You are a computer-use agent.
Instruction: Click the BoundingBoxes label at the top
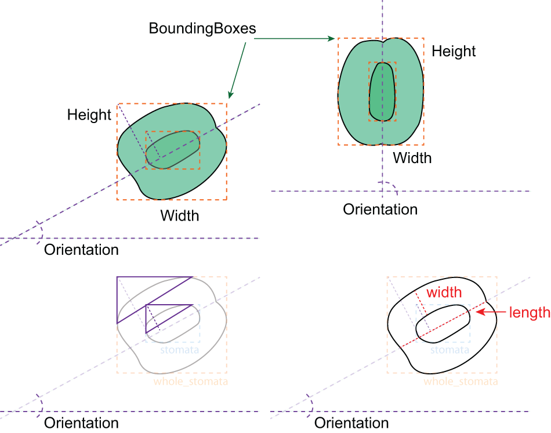[x=202, y=28]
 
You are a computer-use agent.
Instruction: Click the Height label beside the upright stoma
[x=454, y=51]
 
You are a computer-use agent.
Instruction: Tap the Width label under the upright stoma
[x=412, y=157]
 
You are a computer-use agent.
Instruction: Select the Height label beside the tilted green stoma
[x=89, y=114]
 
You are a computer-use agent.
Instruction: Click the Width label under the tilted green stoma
[x=179, y=216]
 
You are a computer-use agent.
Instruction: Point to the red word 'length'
[x=529, y=312]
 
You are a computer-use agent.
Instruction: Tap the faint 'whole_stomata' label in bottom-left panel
[x=190, y=381]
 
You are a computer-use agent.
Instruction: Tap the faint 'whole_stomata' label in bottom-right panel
[x=461, y=381]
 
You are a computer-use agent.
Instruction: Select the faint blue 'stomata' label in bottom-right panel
[x=449, y=350]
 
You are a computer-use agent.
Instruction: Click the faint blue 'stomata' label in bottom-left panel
[x=180, y=350]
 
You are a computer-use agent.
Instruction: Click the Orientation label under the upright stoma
[x=380, y=209]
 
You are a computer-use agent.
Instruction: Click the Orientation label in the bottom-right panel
[x=351, y=423]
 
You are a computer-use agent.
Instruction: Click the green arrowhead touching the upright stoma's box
[x=332, y=39]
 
